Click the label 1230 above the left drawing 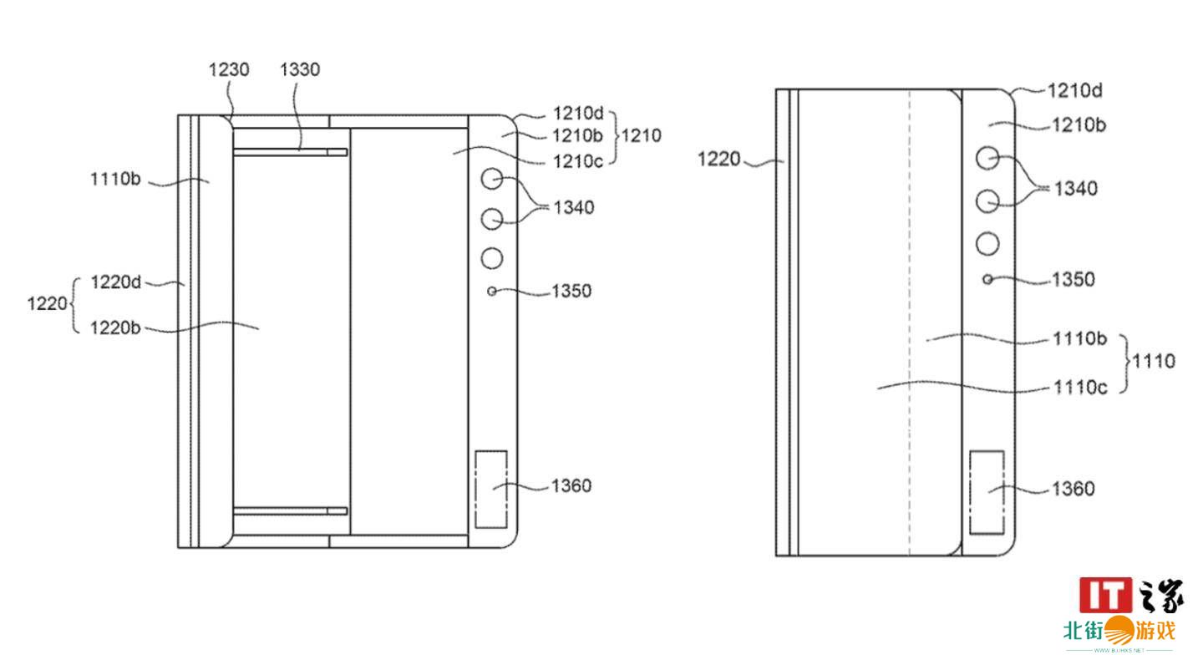point(229,70)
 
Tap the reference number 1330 point(300,70)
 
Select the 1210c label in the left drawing point(578,161)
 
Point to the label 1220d point(115,282)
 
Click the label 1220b point(115,327)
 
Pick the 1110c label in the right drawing point(1080,387)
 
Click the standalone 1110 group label point(1154,361)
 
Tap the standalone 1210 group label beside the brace point(642,135)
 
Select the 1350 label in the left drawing point(571,291)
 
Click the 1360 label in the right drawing point(1073,489)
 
